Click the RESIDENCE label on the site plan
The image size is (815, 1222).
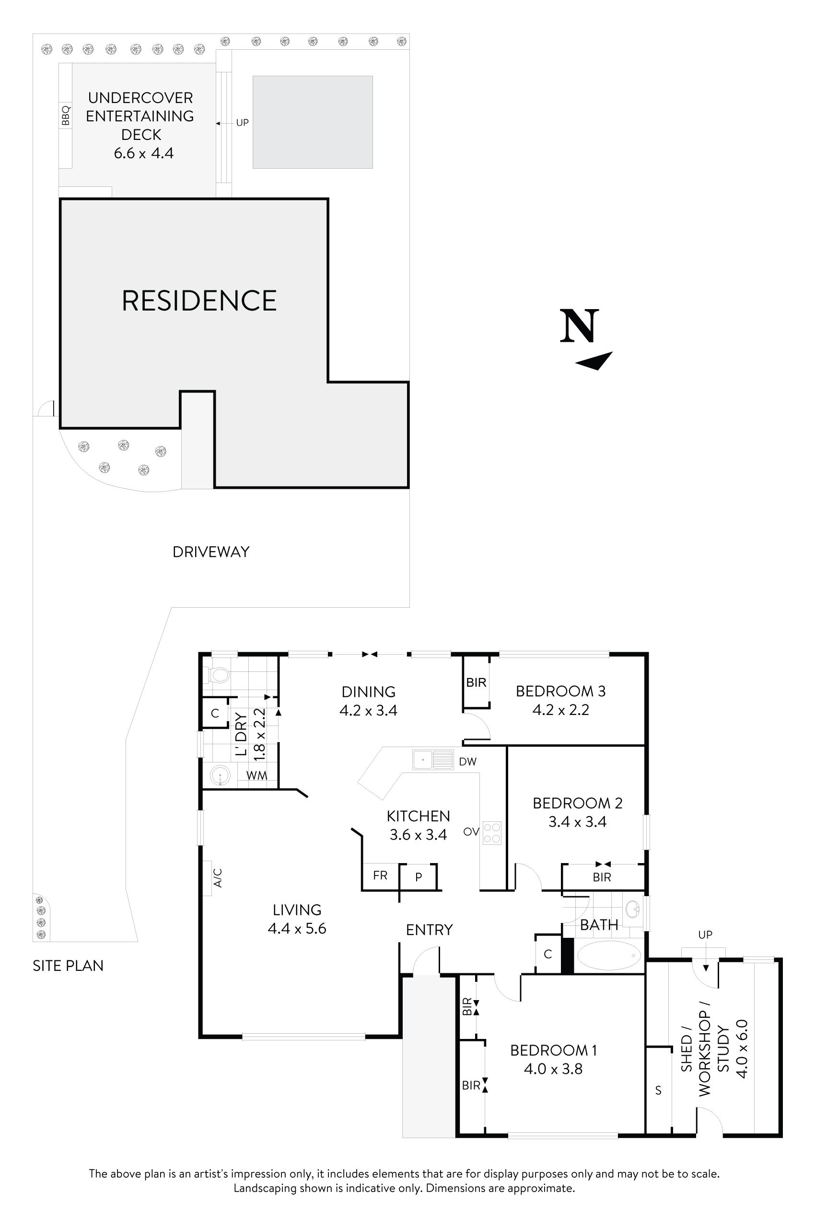tap(199, 301)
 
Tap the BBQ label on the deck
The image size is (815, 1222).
tap(66, 115)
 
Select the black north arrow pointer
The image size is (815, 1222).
tap(594, 361)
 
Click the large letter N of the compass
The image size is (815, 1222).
tap(579, 326)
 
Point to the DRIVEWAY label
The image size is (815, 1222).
tap(210, 552)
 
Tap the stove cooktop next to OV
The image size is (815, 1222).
tap(492, 832)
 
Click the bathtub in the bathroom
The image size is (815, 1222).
tap(609, 955)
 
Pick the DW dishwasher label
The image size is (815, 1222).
tap(467, 761)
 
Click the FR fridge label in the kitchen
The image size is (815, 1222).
tap(380, 876)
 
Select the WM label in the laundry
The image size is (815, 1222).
tap(256, 775)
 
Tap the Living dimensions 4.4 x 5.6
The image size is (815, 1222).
tap(297, 928)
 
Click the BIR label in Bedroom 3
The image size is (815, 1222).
tap(476, 682)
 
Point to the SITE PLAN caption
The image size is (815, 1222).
tap(68, 965)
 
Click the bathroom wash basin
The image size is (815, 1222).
tap(632, 909)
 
